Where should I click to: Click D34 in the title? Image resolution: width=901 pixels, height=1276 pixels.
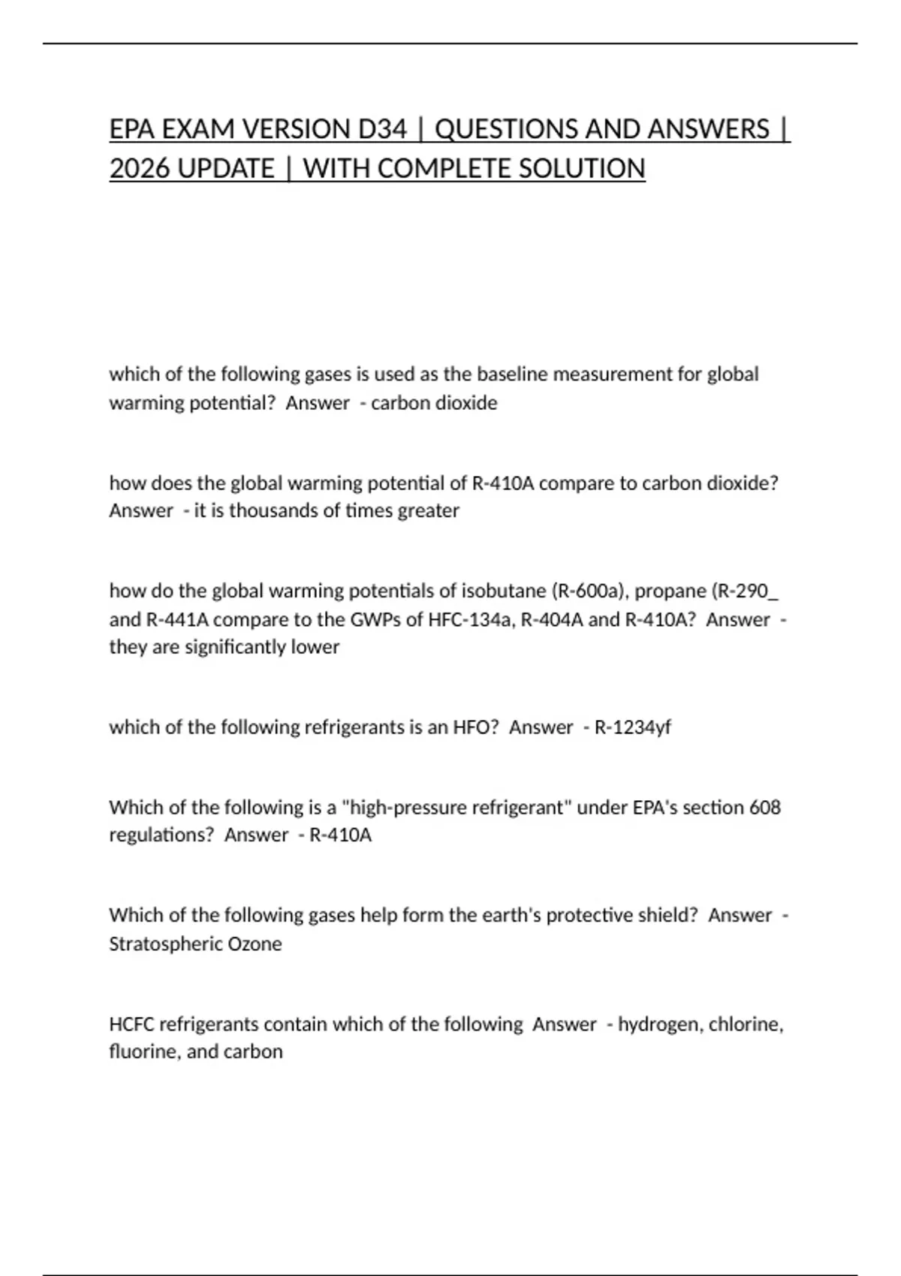[x=382, y=129]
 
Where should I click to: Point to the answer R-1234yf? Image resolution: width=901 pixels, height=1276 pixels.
[x=632, y=727]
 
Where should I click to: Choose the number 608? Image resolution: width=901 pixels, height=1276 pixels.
[x=765, y=807]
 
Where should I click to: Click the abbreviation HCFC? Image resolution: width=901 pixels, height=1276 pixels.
[x=131, y=1024]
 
